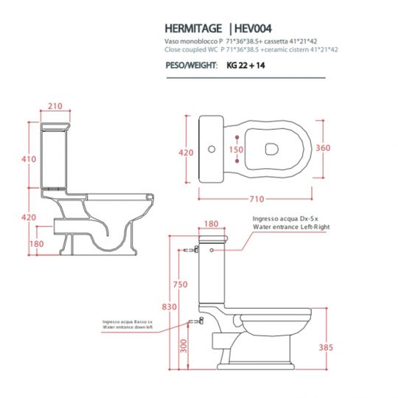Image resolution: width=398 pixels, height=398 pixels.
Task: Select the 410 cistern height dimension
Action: click(x=28, y=159)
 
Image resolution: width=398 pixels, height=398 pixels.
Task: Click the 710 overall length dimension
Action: click(x=258, y=199)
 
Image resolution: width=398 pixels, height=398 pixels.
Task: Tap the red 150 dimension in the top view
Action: click(x=235, y=149)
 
